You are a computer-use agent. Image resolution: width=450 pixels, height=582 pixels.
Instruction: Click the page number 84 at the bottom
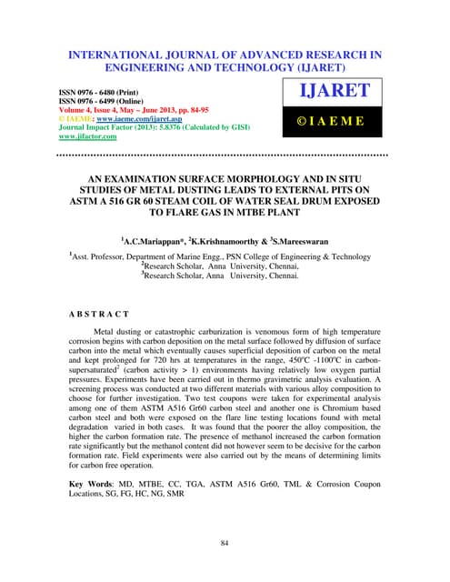(225, 543)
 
